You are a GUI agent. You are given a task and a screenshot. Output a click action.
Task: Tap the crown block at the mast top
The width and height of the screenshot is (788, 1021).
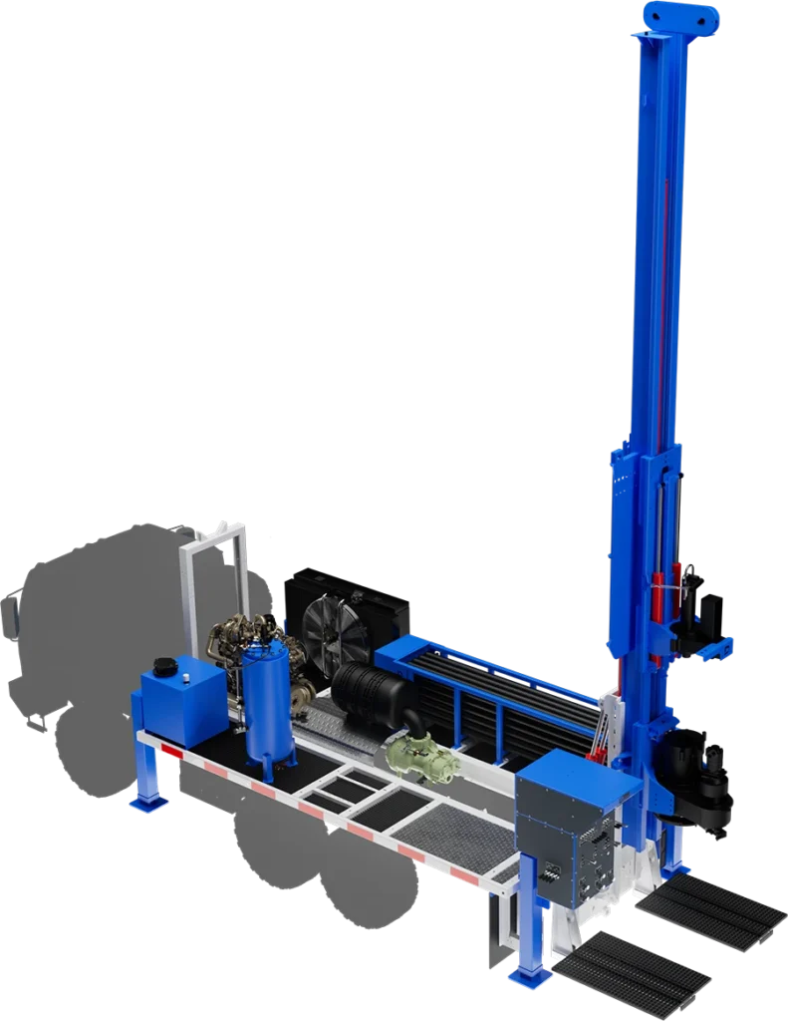680,17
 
